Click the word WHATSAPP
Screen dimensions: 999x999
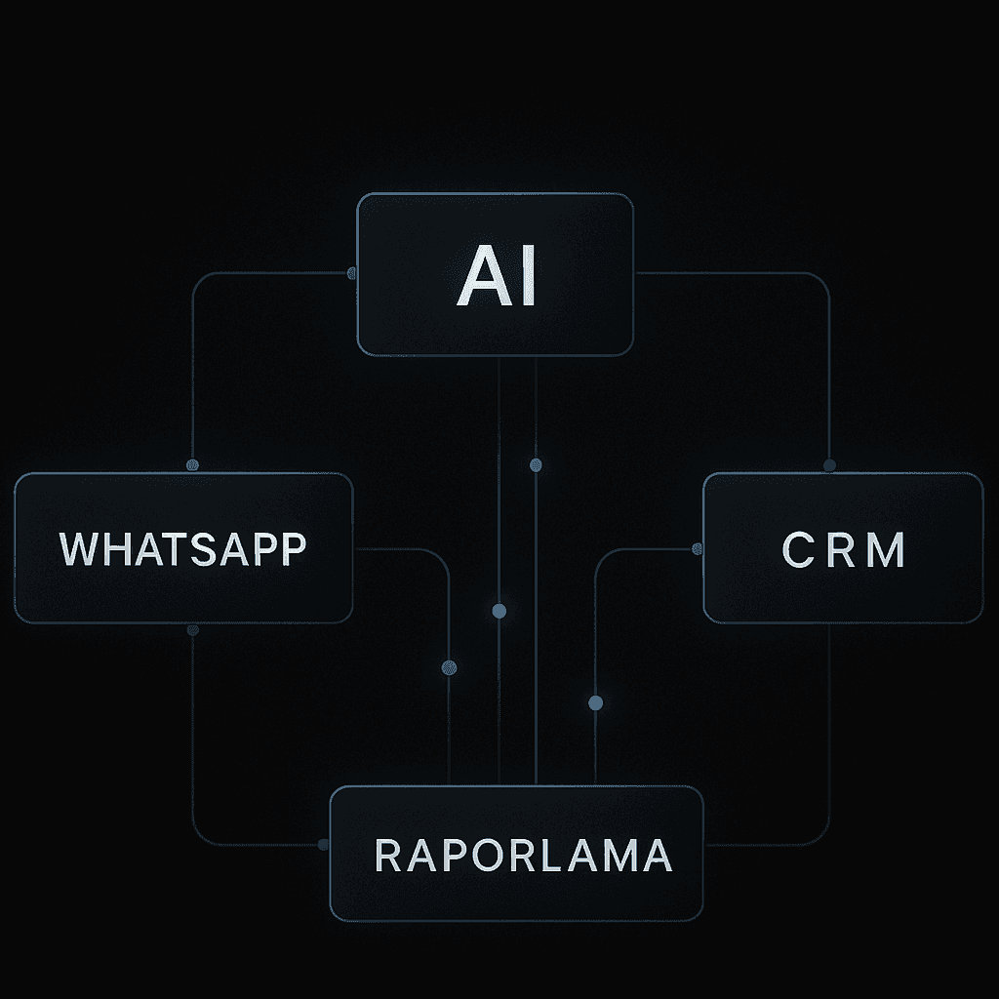click(x=182, y=549)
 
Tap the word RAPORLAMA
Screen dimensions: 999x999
click(x=523, y=855)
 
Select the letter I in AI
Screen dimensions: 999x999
click(x=528, y=276)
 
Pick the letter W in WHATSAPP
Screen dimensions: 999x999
click(x=79, y=549)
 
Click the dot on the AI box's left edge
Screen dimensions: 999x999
click(x=351, y=273)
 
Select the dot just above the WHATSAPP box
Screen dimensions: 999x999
click(x=192, y=465)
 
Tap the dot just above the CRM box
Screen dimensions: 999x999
click(x=829, y=465)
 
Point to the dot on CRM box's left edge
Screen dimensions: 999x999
click(x=698, y=549)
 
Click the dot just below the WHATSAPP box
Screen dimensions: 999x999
click(x=192, y=630)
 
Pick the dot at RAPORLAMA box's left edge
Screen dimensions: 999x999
click(x=324, y=845)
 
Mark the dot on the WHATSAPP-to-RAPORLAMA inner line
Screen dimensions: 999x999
click(x=449, y=667)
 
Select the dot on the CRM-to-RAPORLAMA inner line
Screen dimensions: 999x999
click(x=596, y=702)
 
